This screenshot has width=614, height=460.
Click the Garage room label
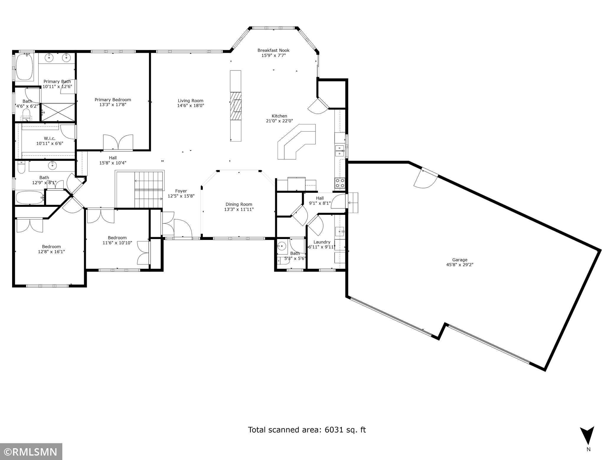460,260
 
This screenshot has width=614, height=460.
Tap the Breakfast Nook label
273,50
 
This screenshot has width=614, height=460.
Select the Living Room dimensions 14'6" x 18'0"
190,105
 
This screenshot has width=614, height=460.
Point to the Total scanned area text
307,430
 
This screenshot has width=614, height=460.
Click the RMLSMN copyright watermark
31,452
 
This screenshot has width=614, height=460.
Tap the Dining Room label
239,204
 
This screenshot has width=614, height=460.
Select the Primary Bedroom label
113,100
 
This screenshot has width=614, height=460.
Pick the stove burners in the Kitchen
340,183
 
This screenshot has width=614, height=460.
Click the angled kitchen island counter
297,142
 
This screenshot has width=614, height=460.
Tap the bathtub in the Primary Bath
25,67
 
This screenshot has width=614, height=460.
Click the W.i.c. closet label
50,138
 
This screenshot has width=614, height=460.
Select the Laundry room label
322,242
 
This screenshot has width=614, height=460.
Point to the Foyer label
181,191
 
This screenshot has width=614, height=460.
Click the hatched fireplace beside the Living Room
236,106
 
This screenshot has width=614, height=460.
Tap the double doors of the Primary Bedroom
118,142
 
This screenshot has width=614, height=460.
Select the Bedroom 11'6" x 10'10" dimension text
117,243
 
